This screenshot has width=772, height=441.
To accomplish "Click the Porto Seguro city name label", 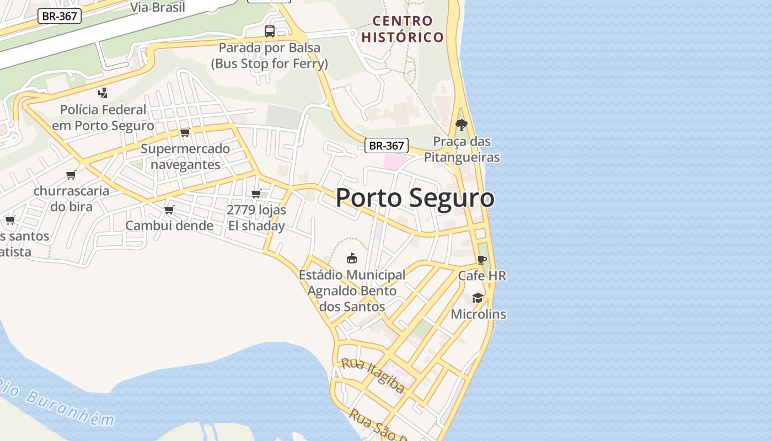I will point(415,198).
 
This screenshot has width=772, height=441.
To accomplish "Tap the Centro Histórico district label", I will point(403,29).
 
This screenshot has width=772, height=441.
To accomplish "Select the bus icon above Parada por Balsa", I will point(269,31).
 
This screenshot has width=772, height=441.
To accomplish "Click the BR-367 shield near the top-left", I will point(60,16).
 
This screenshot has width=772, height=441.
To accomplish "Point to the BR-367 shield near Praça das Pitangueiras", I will point(387,146).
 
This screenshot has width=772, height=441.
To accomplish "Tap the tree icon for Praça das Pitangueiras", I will point(462,125).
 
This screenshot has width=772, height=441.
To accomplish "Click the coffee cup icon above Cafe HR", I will point(481,259).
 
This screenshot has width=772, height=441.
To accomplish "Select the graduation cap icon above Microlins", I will point(478,298).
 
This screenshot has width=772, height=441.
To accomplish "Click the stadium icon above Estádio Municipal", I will point(351,258).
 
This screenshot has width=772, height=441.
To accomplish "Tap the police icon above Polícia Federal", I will point(103,93).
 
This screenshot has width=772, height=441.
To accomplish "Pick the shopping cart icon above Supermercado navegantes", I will point(185,132).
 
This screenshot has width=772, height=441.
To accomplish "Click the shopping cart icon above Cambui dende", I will point(169,209).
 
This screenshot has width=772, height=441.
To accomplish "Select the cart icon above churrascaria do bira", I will point(71,175).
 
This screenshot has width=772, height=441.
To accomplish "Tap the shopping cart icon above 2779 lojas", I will point(256,193).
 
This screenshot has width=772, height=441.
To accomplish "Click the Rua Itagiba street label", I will point(373,375).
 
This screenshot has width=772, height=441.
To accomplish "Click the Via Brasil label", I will point(158,7).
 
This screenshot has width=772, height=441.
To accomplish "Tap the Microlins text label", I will point(478,314).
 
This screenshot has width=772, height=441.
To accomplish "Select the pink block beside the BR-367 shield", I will point(394,162).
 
